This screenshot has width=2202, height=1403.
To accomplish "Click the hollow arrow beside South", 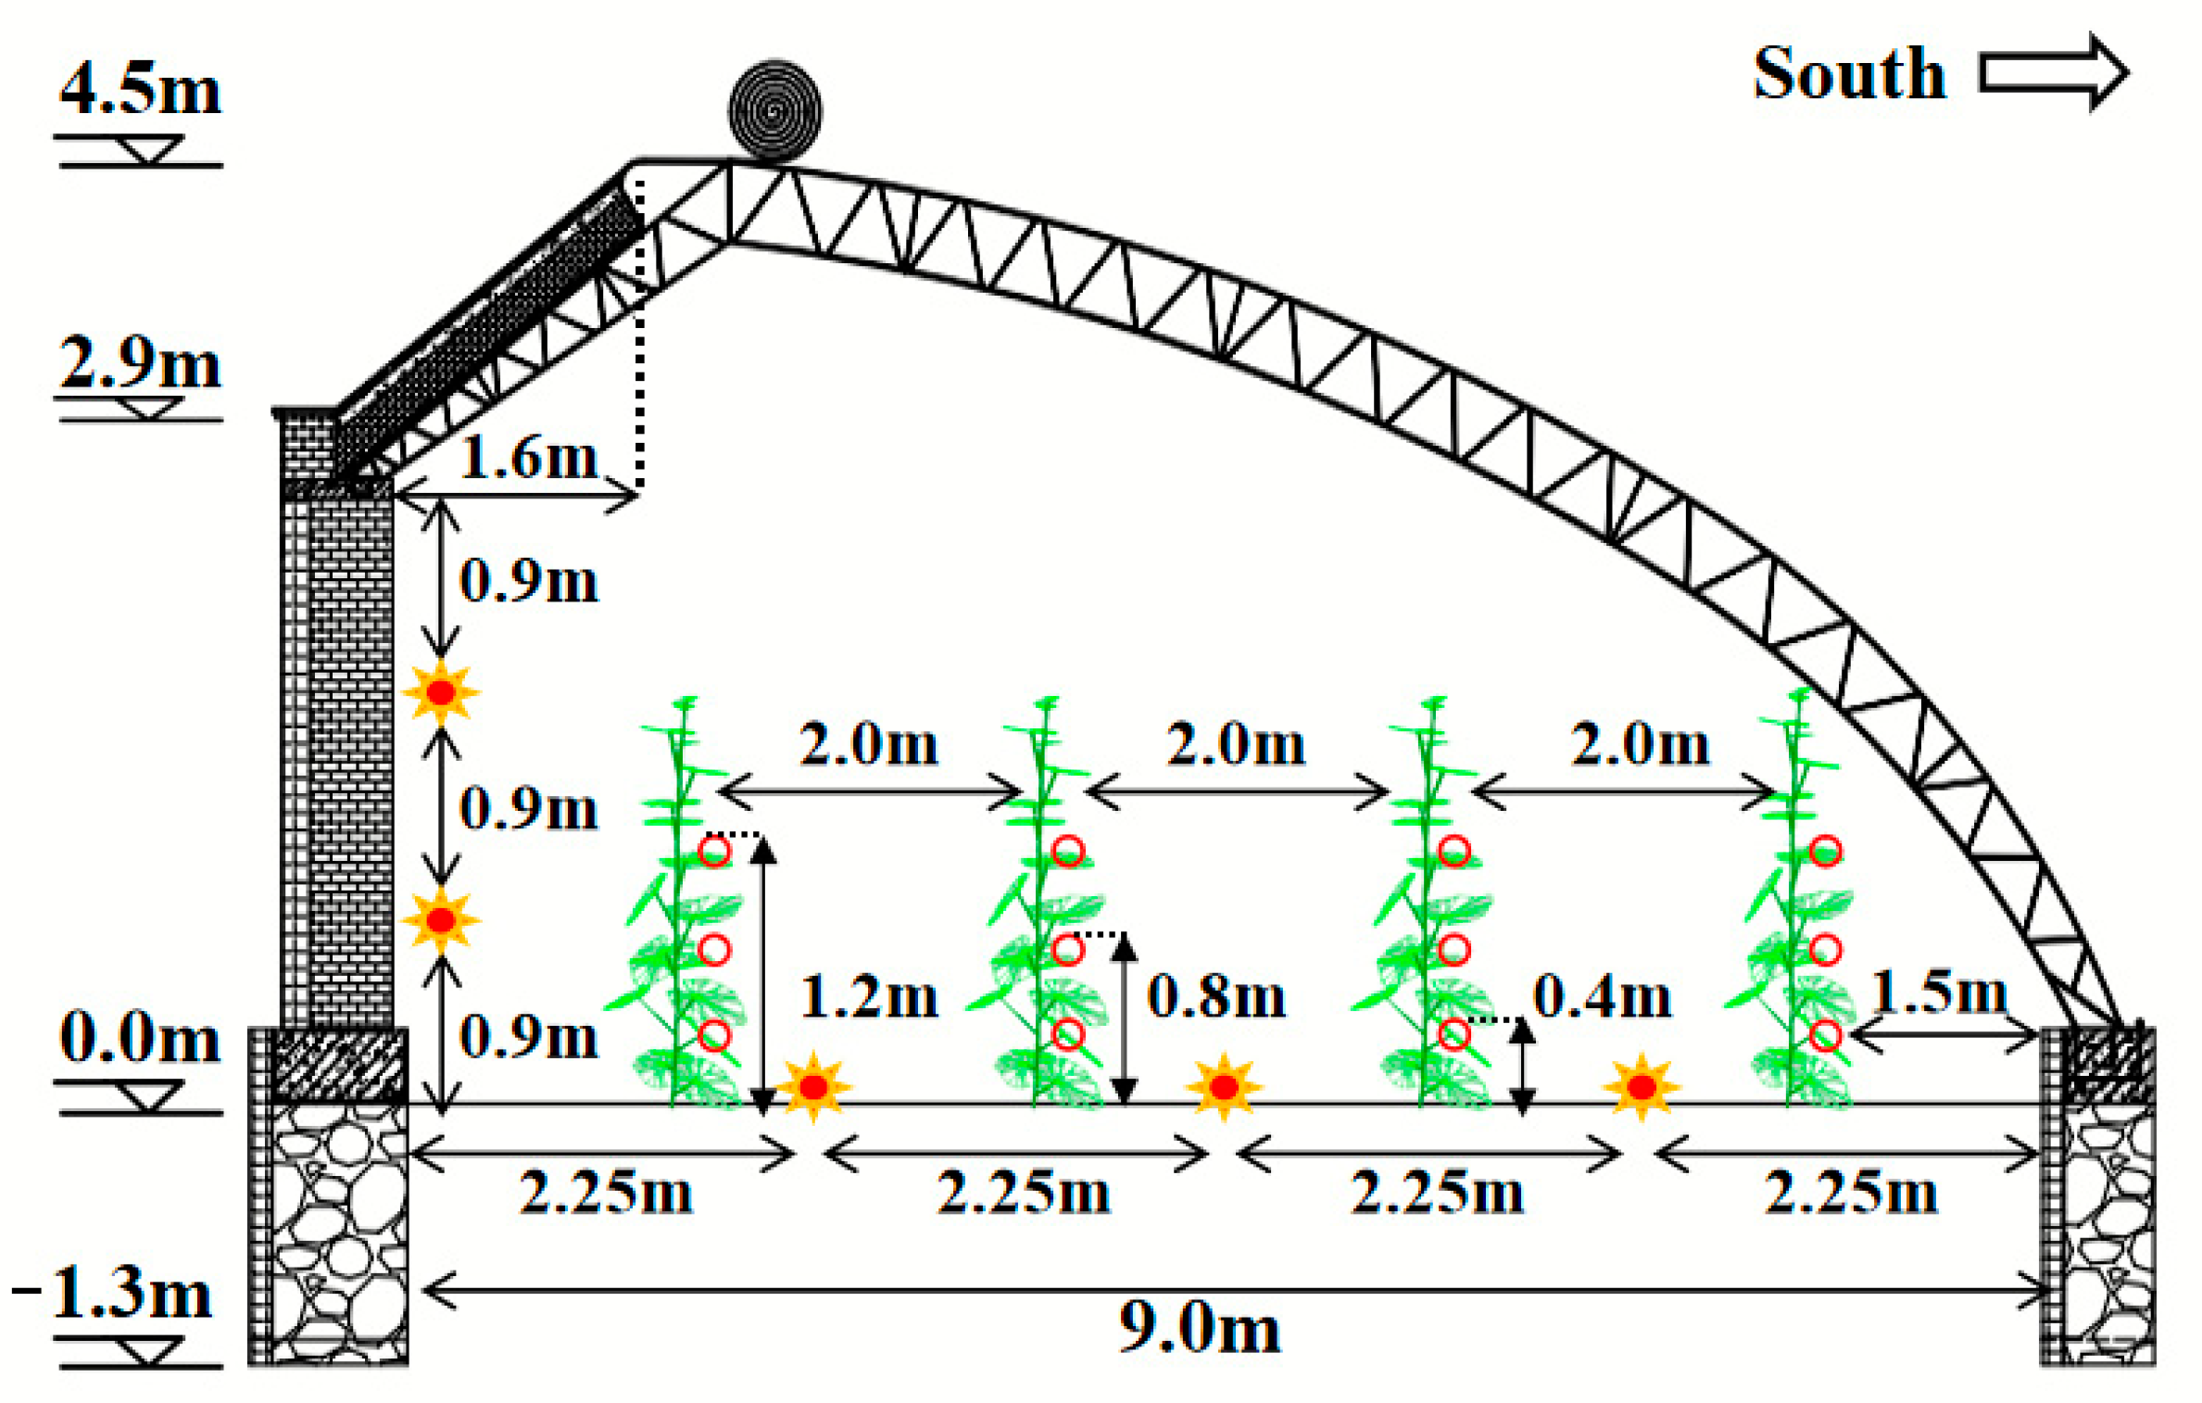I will click(x=2051, y=71).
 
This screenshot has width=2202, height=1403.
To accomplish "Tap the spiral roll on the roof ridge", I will click(x=774, y=110).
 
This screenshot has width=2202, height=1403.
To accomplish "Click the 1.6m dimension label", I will click(x=528, y=457).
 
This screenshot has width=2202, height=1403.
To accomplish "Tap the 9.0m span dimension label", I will click(x=1199, y=1327).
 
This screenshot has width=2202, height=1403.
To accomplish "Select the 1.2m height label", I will click(x=869, y=997).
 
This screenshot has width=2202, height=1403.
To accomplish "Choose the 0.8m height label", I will click(x=1216, y=997).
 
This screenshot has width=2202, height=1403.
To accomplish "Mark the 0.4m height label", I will click(x=1602, y=997).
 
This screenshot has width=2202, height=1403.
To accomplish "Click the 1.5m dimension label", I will click(x=1939, y=992).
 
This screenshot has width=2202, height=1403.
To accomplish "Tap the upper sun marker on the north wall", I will click(x=441, y=692).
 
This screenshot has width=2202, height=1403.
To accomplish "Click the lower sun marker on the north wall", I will click(x=441, y=920).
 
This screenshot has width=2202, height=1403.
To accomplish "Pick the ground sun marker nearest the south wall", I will click(x=1642, y=1087).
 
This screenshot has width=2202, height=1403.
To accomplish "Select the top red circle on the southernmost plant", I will click(x=1826, y=851).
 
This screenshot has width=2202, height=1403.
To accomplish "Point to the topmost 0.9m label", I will click(x=528, y=581).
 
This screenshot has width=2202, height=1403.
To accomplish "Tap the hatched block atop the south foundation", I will click(x=2103, y=1065).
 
